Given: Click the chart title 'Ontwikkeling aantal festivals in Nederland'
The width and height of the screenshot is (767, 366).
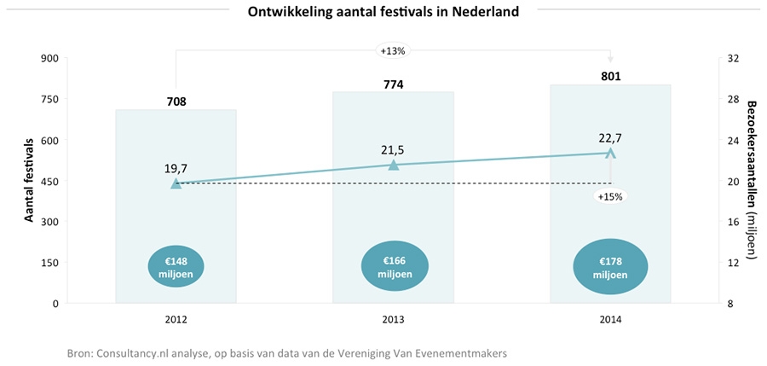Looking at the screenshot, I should click(x=383, y=12).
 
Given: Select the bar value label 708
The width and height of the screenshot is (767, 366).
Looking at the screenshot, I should click(x=176, y=102).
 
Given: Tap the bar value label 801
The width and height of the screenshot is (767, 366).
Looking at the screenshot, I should click(x=611, y=76).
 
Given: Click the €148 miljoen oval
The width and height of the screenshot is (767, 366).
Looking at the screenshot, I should click(x=176, y=267).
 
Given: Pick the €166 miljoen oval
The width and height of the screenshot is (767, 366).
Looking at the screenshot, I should click(x=393, y=267).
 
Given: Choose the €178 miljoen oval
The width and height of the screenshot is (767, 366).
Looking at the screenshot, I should click(x=611, y=267).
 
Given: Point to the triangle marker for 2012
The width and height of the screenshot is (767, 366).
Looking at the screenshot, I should click(x=176, y=183).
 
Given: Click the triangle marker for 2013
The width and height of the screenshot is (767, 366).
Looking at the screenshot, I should click(x=393, y=165).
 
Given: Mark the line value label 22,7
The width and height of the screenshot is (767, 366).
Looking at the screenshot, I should click(x=611, y=137).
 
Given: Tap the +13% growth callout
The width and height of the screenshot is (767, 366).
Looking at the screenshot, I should click(x=393, y=50).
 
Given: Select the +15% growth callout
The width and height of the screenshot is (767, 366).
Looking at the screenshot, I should click(x=610, y=196).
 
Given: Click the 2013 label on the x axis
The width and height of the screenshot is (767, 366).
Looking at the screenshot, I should click(x=393, y=320).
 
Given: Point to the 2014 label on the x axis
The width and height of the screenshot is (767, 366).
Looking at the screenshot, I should click(x=611, y=320).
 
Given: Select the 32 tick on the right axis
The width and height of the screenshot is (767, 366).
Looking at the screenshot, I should click(x=731, y=58).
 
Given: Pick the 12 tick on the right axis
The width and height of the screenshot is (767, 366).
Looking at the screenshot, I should click(x=731, y=263).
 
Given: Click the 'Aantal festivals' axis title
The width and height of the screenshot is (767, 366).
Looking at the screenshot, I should click(x=28, y=180).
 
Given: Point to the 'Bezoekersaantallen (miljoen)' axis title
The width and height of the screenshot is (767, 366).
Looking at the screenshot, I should click(x=752, y=180).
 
